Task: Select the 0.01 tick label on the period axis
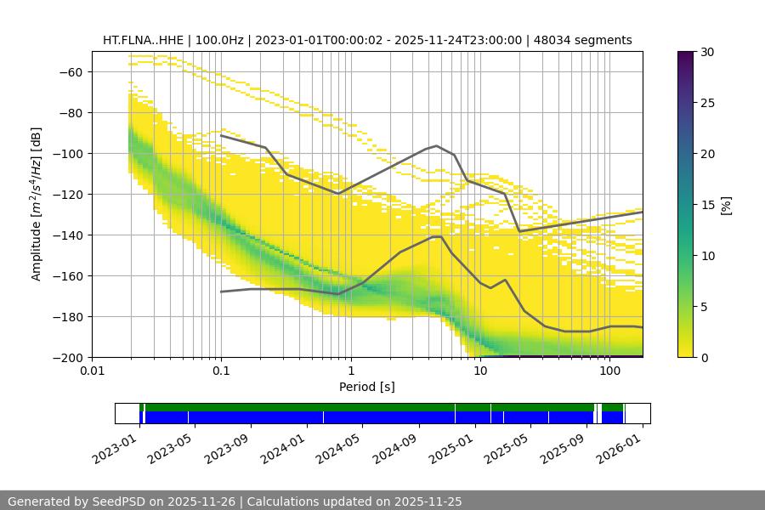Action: (92, 371)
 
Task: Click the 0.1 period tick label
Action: (221, 371)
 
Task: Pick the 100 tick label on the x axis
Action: (609, 371)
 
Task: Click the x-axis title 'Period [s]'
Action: (367, 387)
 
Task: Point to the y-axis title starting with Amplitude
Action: (37, 204)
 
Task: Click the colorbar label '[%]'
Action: (726, 204)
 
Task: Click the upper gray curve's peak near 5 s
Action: (437, 145)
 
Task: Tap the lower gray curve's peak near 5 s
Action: (437, 236)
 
